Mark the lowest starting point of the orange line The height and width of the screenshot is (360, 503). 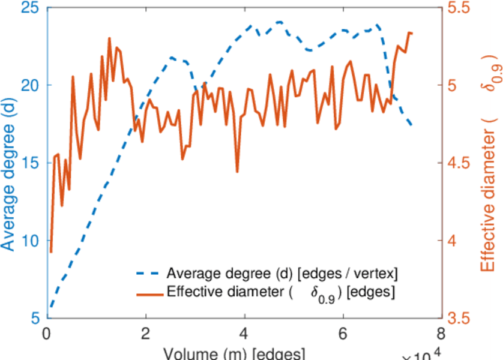(x=51, y=252)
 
